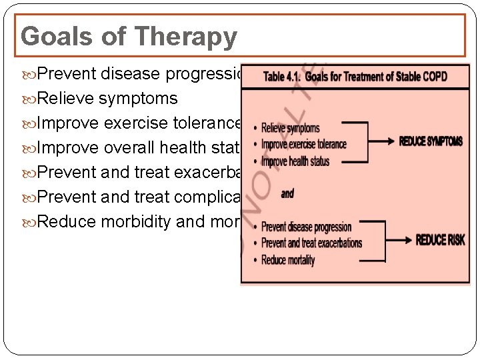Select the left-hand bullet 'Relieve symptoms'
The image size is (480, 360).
(108, 99)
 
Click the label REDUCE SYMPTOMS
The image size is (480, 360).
(431, 141)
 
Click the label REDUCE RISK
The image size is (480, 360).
(441, 240)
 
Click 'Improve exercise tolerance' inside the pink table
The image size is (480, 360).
(304, 144)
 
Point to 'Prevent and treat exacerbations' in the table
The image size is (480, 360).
(311, 243)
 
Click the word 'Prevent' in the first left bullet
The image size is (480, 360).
(65, 74)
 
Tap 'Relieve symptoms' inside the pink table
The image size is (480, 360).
(291, 128)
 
